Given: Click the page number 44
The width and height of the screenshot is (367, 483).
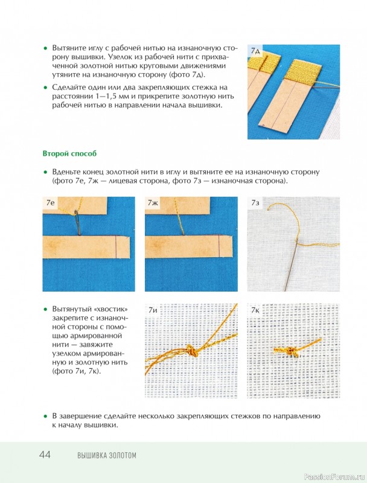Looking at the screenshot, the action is coord(45,455).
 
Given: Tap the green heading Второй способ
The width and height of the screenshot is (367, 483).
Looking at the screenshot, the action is coord(69,153).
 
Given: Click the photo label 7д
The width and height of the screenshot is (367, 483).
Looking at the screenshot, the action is coord(255,51).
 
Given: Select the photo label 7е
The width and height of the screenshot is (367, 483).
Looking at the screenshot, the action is coord(50,202).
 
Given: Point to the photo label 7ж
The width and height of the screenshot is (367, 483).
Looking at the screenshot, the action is coord(153,202).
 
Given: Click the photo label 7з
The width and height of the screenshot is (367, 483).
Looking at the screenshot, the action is coord(255,202).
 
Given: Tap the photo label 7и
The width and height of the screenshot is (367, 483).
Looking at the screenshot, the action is coord(153,310).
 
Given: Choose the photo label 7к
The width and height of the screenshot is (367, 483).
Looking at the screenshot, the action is coord(255,310).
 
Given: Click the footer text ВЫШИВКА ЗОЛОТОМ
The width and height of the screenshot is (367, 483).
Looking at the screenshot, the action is coord(106,455).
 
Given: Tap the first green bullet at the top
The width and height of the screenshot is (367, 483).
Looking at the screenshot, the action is coord(45,48).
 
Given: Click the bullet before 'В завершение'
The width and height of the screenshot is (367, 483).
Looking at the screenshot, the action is coord(45,416).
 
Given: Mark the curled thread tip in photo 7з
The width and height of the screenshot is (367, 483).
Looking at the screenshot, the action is coord(269,208).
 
